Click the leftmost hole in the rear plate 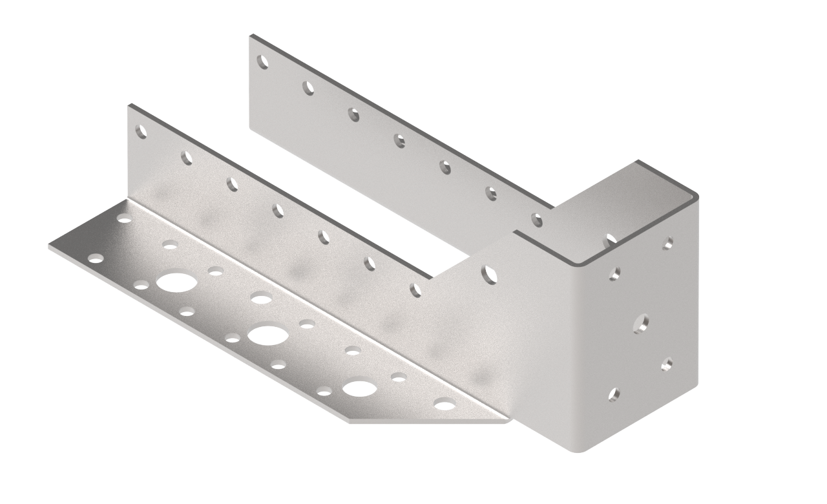pyautogui.click(x=263, y=62)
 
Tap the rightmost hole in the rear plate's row pyautogui.click(x=536, y=220)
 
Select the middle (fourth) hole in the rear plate pyautogui.click(x=400, y=140)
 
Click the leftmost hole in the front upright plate pyautogui.click(x=141, y=132)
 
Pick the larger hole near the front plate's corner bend pyautogui.click(x=490, y=274)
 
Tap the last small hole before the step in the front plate pyautogui.click(x=415, y=289)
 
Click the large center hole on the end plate pyautogui.click(x=642, y=322)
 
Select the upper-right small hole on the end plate pyautogui.click(x=668, y=244)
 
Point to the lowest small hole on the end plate pyautogui.click(x=614, y=394)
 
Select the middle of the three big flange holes pyautogui.click(x=267, y=334)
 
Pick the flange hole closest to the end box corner pyautogui.click(x=445, y=405)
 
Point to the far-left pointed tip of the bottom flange pyautogui.click(x=50, y=247)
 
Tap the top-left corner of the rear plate pyautogui.click(x=251, y=37)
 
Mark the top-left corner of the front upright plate pyautogui.click(x=129, y=106)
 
